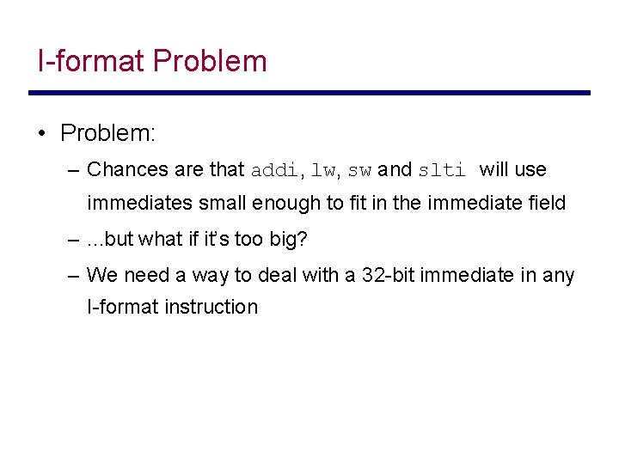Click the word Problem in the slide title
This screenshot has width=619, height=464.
pyautogui.click(x=210, y=61)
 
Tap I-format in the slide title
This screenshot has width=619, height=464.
pyautogui.click(x=92, y=61)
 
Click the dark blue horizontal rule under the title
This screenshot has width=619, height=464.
pyautogui.click(x=309, y=93)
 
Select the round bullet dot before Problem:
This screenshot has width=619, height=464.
pyautogui.click(x=41, y=134)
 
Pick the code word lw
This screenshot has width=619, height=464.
pyautogui.click(x=322, y=170)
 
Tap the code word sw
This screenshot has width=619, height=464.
pyautogui.click(x=359, y=170)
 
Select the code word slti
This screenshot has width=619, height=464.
pyautogui.click(x=441, y=170)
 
